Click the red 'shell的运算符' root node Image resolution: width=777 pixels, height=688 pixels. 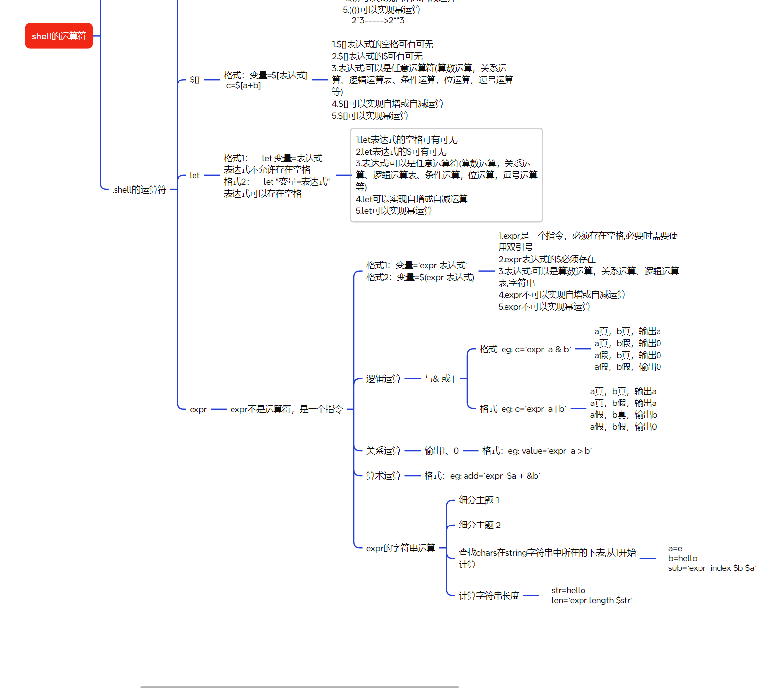[59, 36]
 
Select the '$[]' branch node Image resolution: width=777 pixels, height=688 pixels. [194, 80]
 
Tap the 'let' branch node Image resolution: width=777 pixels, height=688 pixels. [194, 175]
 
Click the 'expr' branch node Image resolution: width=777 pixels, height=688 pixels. [198, 409]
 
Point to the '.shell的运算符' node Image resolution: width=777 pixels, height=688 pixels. [139, 190]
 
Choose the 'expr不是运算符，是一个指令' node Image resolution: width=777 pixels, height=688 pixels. [286, 409]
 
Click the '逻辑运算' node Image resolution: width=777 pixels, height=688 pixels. [383, 379]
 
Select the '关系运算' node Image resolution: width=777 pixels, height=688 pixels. [383, 451]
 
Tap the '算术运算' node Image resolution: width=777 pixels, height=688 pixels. [383, 476]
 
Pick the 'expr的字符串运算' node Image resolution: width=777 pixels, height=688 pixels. [400, 548]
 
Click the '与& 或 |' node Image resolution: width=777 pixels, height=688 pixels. [439, 379]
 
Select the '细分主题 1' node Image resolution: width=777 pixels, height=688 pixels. [479, 500]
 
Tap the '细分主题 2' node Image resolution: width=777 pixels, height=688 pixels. [479, 525]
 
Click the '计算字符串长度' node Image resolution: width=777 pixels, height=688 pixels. [489, 596]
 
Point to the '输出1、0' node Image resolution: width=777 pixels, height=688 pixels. [441, 451]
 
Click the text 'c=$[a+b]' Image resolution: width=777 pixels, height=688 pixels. [243, 86]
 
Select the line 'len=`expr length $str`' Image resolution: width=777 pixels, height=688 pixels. [592, 601]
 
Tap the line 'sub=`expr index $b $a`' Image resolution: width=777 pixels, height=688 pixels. [712, 568]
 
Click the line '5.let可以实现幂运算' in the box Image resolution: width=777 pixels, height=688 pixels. [394, 211]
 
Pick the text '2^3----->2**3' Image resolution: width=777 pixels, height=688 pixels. [378, 20]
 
